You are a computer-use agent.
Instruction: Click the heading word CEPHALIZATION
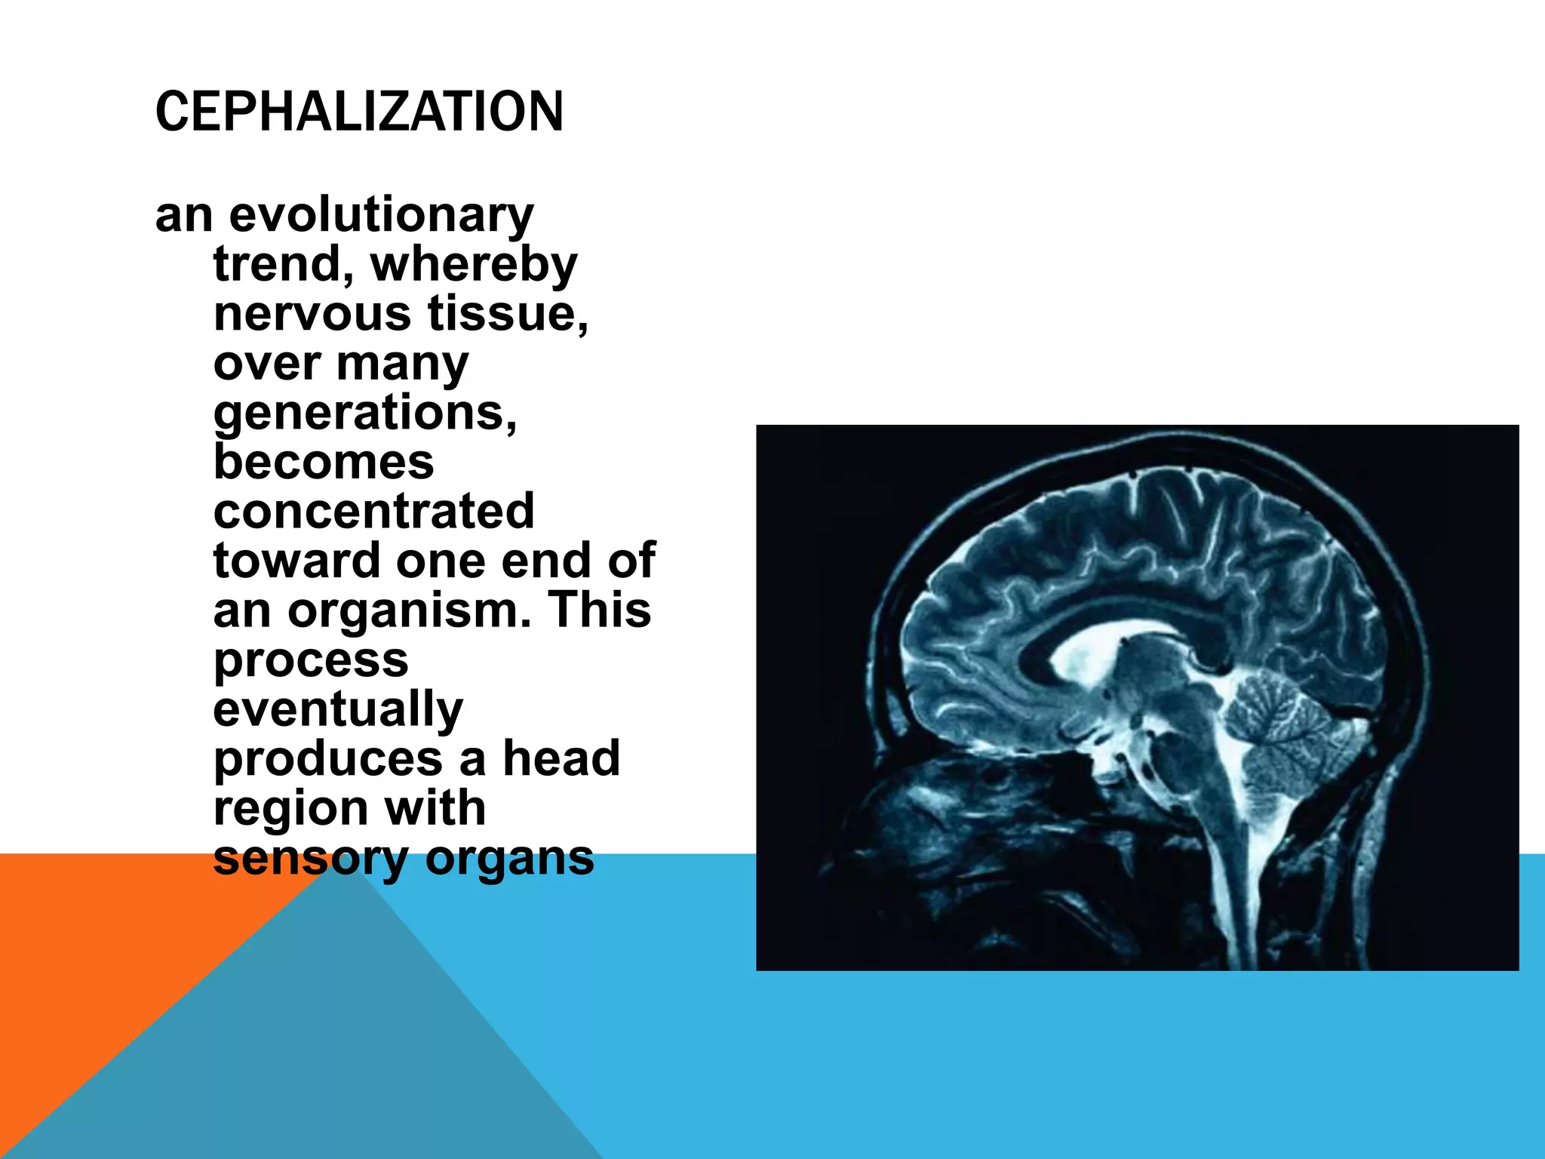pyautogui.click(x=359, y=112)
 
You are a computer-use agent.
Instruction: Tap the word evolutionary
pyautogui.click(x=381, y=215)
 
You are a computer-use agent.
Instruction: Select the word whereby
pyautogui.click(x=474, y=265)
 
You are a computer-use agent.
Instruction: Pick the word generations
pyautogui.click(x=365, y=413)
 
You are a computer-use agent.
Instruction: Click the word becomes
pyautogui.click(x=324, y=463)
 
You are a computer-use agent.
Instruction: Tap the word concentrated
pyautogui.click(x=374, y=512)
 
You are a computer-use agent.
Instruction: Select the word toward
pyautogui.click(x=296, y=561)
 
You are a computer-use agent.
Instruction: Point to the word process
pyautogui.click(x=311, y=661)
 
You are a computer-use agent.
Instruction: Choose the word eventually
pyautogui.click(x=338, y=710)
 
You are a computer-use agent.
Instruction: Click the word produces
pyautogui.click(x=327, y=759)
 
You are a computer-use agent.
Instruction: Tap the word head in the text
pyautogui.click(x=561, y=759)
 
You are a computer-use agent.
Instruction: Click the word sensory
pyautogui.click(x=310, y=859)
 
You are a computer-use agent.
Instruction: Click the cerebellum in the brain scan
pyautogui.click(x=1275, y=724)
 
